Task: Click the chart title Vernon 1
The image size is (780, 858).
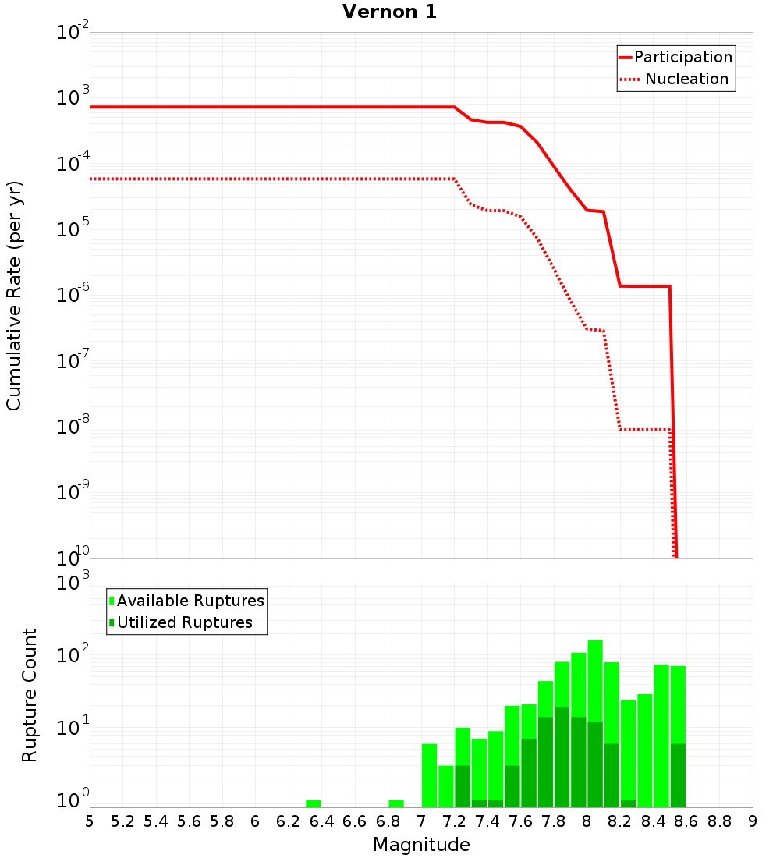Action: coord(390,12)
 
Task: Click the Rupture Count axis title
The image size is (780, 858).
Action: coord(30,694)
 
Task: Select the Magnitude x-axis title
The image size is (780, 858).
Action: coord(421,845)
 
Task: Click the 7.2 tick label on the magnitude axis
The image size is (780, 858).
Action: coord(455,821)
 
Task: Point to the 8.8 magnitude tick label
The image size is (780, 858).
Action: coord(720,821)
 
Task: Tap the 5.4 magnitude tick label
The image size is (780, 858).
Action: coord(156,821)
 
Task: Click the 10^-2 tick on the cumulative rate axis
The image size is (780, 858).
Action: coord(73,33)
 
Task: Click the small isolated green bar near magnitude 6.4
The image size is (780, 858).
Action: coord(314,803)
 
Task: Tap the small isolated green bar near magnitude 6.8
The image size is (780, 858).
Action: coord(396,803)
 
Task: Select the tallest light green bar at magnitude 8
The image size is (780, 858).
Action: coord(595,679)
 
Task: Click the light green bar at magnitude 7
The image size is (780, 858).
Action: coord(429,775)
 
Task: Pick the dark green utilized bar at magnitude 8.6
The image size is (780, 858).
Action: coord(678,775)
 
